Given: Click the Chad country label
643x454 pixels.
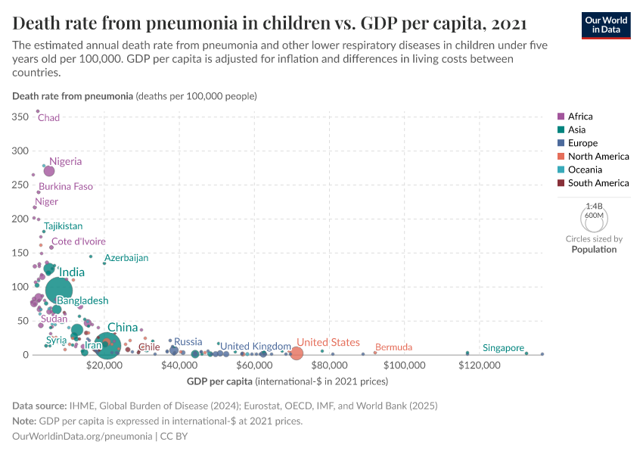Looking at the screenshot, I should pos(48,118).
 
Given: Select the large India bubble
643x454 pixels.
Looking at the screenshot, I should pos(59,290).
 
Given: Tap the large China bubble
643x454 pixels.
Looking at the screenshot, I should pos(107,346).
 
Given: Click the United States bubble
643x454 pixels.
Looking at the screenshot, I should pos(297,353).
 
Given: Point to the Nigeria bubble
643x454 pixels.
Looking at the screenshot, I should pos(49,171).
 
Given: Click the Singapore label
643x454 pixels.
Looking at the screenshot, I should pos(503,348).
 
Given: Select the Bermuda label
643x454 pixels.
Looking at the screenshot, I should pos(393,347).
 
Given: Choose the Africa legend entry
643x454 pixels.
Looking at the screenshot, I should pos(580,117).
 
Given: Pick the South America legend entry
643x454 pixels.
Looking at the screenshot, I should pos(598,183).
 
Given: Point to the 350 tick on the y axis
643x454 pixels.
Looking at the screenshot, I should pos(20,117).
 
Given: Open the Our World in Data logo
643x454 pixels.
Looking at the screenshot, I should pos(606,24).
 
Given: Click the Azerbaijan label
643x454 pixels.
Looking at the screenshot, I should pos(126,258).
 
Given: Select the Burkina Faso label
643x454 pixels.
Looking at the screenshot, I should pos(66,186).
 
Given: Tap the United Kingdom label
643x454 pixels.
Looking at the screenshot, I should pos(256,346).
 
